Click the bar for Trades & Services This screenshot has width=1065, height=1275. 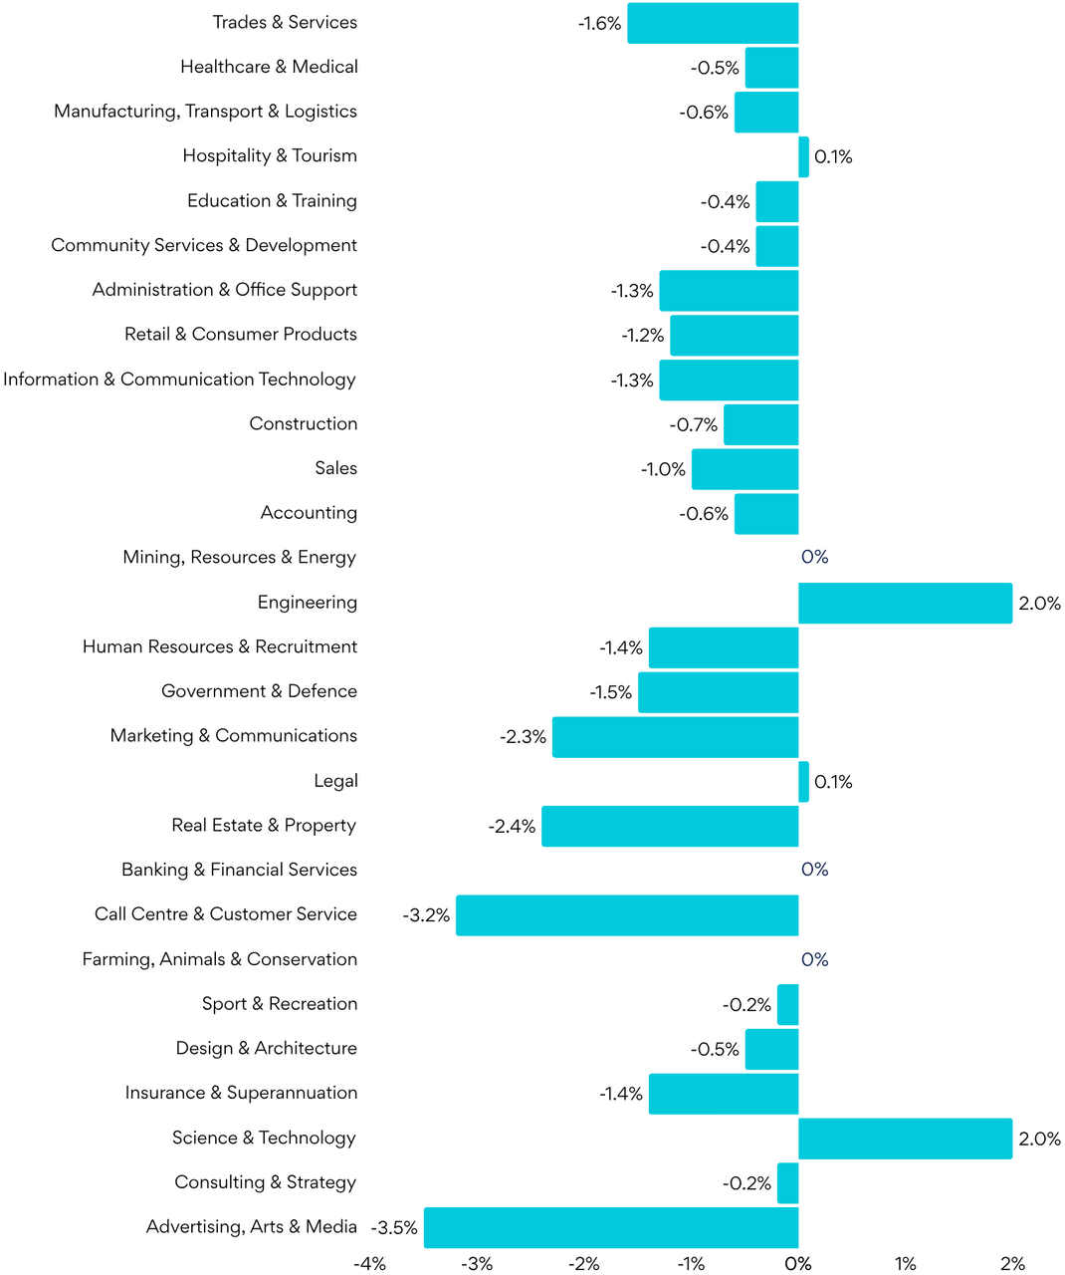[713, 23]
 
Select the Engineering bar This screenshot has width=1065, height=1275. [905, 603]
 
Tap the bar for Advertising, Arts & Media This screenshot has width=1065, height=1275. [611, 1227]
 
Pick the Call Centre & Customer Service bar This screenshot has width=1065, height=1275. [627, 915]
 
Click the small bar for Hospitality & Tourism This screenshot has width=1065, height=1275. [804, 157]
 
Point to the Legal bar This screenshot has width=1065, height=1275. [804, 782]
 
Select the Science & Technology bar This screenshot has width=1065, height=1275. [905, 1139]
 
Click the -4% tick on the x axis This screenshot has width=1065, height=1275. [370, 1263]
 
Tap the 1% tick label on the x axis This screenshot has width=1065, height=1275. [905, 1263]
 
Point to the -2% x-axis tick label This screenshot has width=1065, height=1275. [584, 1263]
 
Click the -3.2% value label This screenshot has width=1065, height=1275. [426, 915]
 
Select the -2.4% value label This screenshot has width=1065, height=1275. [512, 826]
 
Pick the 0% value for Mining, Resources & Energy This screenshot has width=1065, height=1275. [815, 557]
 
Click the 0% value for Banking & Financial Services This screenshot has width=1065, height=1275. [815, 870]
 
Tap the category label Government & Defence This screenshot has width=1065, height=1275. [260, 691]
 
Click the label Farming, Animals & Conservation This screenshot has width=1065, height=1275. [220, 959]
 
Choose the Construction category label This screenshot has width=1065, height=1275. [304, 423]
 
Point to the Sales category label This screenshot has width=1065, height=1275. [336, 468]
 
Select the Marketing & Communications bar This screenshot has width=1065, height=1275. [676, 737]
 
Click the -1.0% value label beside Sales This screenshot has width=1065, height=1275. [663, 469]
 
